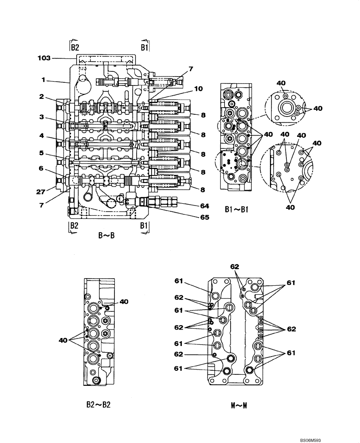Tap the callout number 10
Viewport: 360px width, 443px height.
199,89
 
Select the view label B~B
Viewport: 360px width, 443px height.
106,236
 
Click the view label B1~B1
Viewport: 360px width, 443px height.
235,209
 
